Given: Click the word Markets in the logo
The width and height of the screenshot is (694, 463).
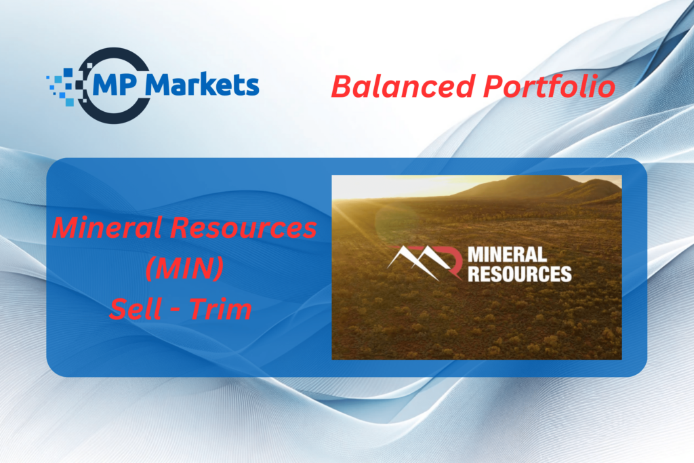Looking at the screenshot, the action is (x=202, y=85).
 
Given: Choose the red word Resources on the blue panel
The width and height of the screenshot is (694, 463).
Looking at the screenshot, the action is (x=244, y=227).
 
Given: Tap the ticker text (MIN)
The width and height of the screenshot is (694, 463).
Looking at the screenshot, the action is (x=184, y=268).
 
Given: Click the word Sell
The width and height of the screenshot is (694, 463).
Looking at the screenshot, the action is (x=136, y=308).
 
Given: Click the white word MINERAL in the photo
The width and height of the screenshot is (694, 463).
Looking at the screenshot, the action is (x=507, y=255).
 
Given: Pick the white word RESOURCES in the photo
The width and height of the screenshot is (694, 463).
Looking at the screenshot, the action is (x=520, y=274).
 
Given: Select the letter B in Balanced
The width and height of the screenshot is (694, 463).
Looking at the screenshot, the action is (x=341, y=87).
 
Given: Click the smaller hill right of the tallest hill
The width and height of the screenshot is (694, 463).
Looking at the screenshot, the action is (x=598, y=189).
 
